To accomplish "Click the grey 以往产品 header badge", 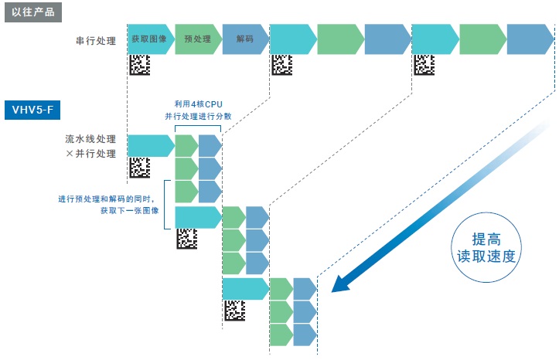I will [32, 12].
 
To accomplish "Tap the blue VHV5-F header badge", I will [32, 110].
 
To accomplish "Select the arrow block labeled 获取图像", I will [150, 39].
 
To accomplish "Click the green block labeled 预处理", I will [198, 39].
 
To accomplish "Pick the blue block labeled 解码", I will [244, 39].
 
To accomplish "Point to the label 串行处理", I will [91, 40].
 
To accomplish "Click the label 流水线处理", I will [91, 140].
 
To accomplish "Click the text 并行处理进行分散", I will [199, 117].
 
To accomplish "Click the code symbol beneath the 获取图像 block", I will [139, 66].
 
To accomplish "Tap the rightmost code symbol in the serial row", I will [424, 66].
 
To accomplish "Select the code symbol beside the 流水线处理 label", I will [139, 168].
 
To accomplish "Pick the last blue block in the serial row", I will [530, 39].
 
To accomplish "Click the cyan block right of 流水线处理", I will [149, 144].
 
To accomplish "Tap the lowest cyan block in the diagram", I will [245, 288].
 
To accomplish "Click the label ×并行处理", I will [91, 154].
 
